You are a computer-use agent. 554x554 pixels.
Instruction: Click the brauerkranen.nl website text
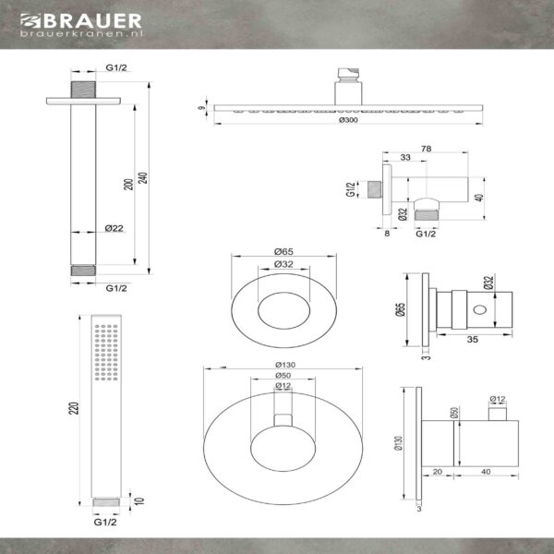[x=81, y=33]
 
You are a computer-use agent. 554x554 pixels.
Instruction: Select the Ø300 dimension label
[x=348, y=120]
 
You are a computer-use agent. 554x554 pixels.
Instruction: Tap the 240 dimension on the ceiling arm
[x=143, y=177]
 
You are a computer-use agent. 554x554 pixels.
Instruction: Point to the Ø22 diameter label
[x=114, y=228]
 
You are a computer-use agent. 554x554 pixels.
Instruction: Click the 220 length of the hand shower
[x=74, y=408]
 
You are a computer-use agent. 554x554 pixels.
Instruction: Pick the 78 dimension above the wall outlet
[x=426, y=149]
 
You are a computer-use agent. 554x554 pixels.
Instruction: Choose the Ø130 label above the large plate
[x=285, y=365]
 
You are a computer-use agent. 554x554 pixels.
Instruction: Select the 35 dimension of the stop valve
[x=473, y=339]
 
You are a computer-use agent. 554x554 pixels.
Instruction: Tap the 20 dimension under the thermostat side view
[x=438, y=472]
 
